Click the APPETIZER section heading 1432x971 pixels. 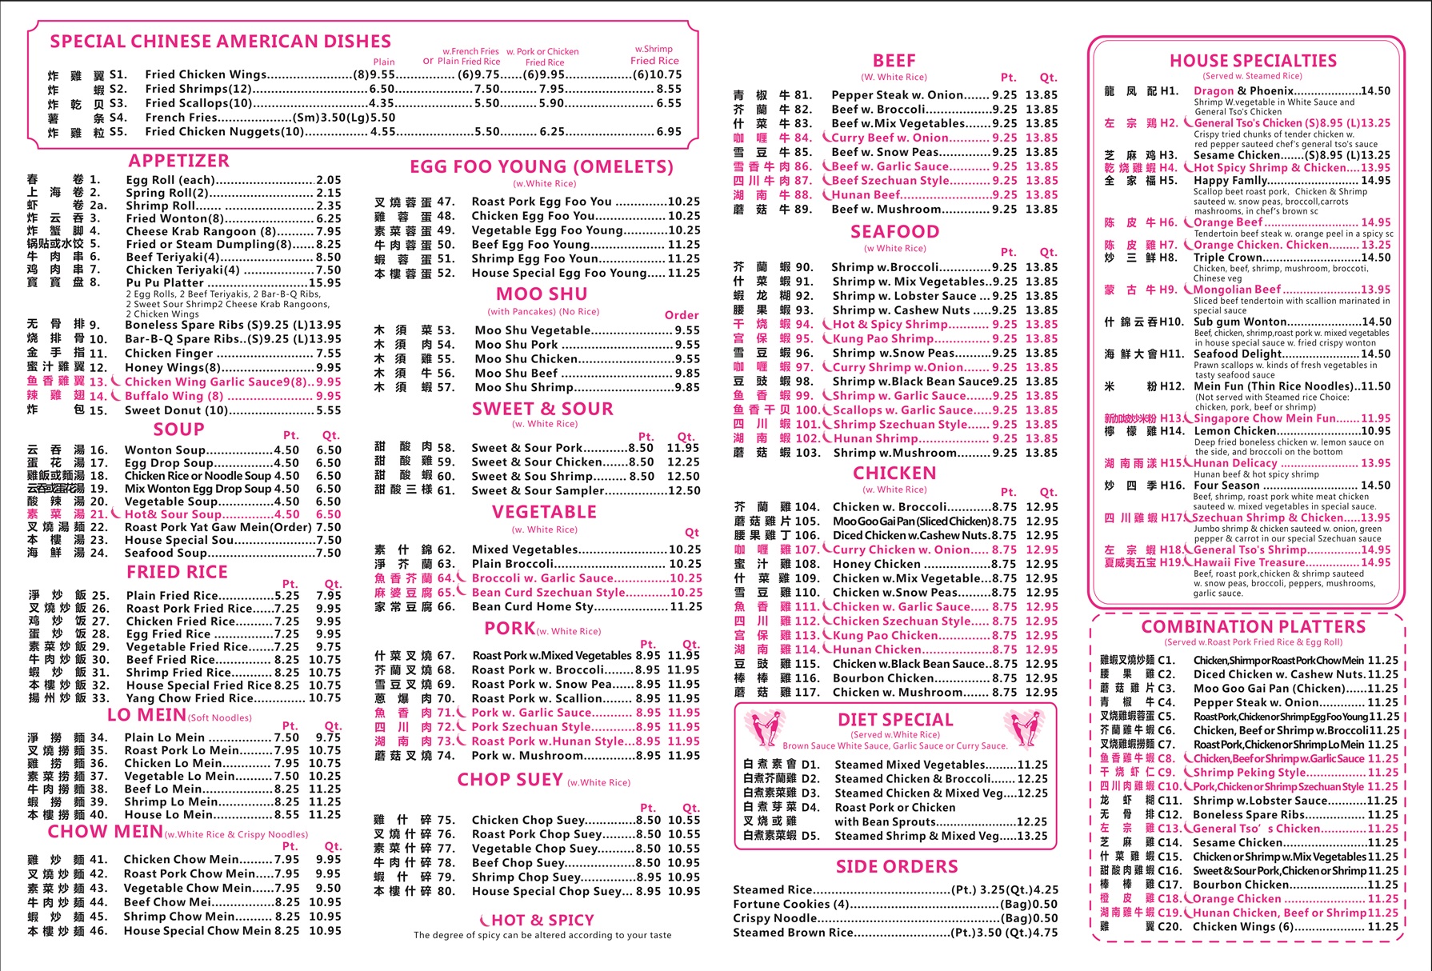coord(178,161)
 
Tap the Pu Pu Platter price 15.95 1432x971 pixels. coord(325,282)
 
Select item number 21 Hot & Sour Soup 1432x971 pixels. coord(173,514)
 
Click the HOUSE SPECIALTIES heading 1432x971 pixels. coord(1253,61)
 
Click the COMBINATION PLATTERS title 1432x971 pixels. coord(1253,626)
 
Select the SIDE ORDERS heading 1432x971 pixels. coord(896,866)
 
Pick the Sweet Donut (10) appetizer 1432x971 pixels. coord(176,410)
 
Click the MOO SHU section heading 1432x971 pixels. coord(542,294)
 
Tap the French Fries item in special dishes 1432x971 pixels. coord(181,118)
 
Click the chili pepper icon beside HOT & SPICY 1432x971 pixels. coord(484,921)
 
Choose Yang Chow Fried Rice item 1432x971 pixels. coord(188,697)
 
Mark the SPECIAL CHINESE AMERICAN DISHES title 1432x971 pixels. coord(220,42)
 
